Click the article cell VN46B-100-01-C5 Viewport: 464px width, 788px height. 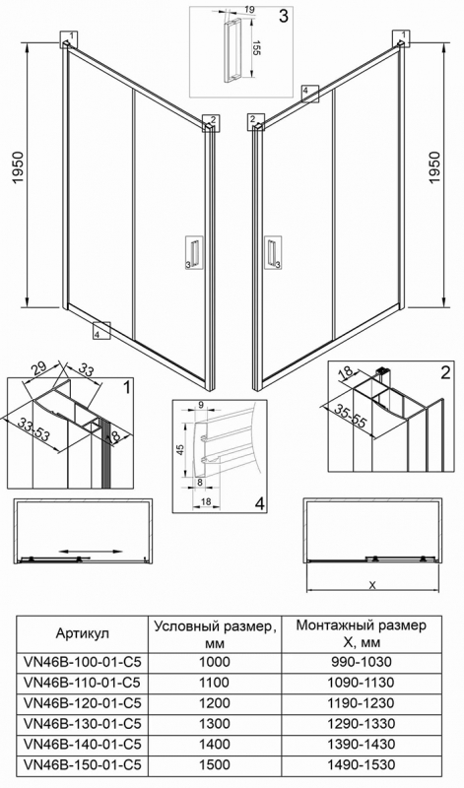click(83, 662)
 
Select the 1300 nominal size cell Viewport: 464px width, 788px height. click(215, 724)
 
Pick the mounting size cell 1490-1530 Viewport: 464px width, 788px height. click(362, 765)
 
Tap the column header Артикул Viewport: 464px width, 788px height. click(83, 633)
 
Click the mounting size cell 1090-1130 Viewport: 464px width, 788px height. click(362, 683)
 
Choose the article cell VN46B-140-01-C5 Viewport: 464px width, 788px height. click(83, 745)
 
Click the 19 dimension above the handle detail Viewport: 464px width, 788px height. click(250, 10)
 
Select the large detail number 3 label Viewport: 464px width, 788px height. click(284, 16)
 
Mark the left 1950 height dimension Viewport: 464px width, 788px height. click(18, 167)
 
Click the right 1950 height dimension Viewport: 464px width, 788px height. click(434, 167)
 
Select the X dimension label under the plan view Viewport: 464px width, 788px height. click(372, 584)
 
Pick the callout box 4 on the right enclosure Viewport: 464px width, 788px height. click(310, 94)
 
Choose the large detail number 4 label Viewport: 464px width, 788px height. click(259, 503)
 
